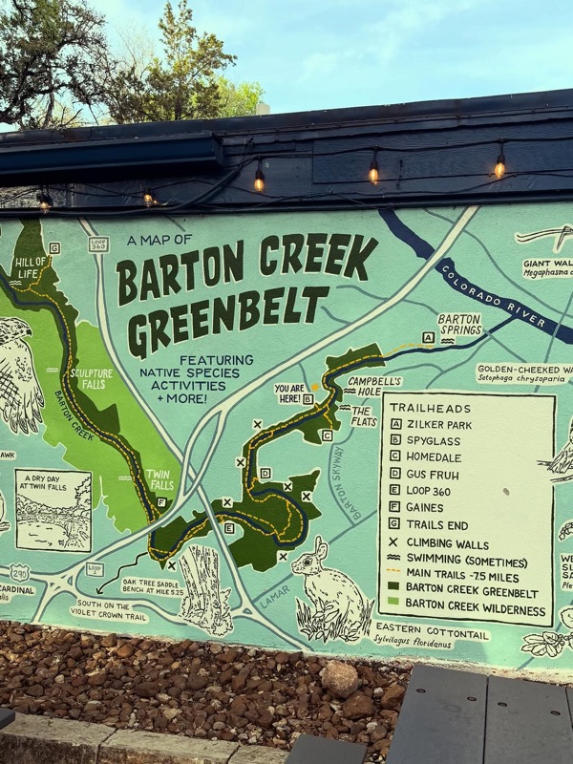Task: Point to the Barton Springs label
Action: click(459, 324)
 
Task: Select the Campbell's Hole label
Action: click(374, 385)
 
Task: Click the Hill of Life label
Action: click(32, 268)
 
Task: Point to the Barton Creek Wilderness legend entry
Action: click(476, 609)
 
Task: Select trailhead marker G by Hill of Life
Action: click(54, 248)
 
